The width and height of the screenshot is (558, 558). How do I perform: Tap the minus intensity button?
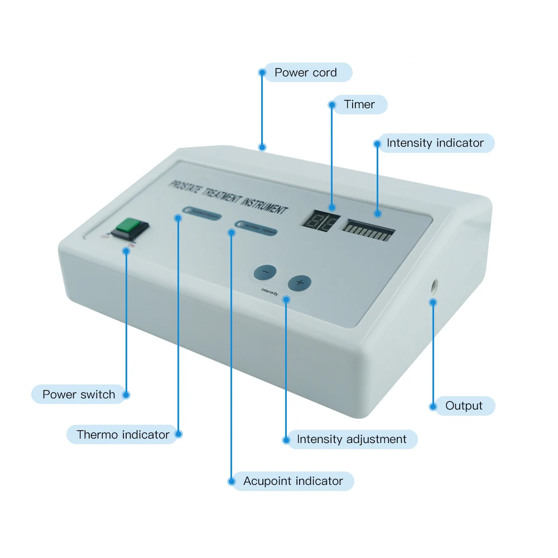pyautogui.click(x=265, y=272)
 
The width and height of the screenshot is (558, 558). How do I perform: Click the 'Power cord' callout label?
pyautogui.click(x=306, y=73)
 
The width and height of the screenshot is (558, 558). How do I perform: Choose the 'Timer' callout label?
pyautogui.click(x=359, y=104)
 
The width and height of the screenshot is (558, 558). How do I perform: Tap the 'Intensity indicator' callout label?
pyautogui.click(x=435, y=143)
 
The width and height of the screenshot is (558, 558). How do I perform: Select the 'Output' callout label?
pyautogui.click(x=463, y=406)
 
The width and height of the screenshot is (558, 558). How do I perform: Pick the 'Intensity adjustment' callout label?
pyautogui.click(x=352, y=439)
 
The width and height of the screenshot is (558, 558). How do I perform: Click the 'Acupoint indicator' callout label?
pyautogui.click(x=293, y=481)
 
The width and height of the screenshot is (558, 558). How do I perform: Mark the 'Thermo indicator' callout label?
pyautogui.click(x=123, y=434)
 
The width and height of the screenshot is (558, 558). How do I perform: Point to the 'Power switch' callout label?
pyautogui.click(x=79, y=395)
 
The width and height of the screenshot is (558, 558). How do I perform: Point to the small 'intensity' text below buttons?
pyautogui.click(x=270, y=291)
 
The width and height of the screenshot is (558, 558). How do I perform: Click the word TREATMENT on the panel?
pyautogui.click(x=223, y=195)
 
